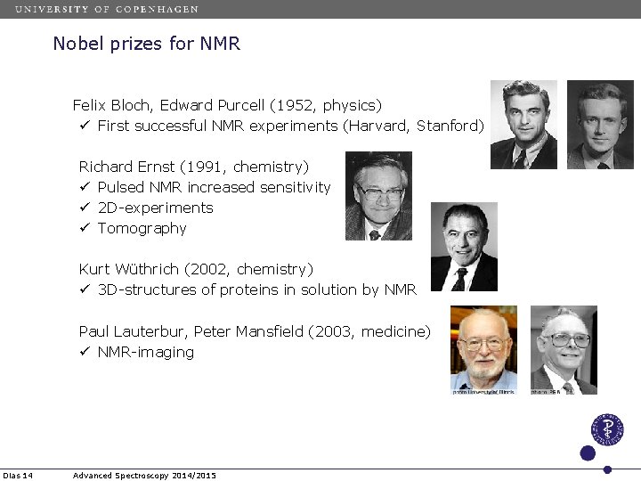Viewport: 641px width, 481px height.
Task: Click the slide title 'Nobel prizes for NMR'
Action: click(147, 43)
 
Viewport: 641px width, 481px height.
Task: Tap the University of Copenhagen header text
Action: click(107, 9)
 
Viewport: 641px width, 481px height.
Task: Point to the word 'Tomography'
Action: click(142, 228)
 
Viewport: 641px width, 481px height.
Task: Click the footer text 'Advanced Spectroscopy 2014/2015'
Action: click(144, 476)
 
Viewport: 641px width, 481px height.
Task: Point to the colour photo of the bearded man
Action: click(483, 349)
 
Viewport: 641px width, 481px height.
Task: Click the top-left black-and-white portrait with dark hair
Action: click(524, 125)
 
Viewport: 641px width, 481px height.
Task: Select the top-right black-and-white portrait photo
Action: click(600, 125)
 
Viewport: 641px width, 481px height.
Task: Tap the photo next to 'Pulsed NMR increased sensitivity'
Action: click(378, 196)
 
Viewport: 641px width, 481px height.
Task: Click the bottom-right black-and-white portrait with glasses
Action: click(564, 349)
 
